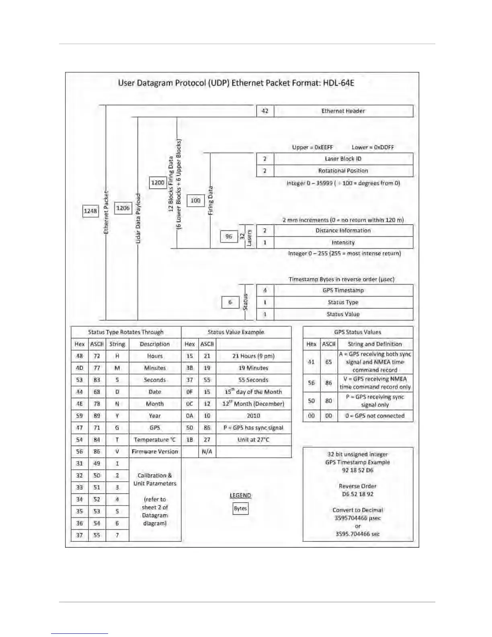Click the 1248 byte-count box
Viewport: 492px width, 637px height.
(x=90, y=211)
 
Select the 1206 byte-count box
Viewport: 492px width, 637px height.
(x=123, y=208)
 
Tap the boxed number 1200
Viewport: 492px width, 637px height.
(x=158, y=183)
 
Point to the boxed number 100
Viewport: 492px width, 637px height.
(x=195, y=200)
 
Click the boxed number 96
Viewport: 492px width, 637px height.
(x=229, y=236)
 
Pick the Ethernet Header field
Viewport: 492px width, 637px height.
(x=343, y=111)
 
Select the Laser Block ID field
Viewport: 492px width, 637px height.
(x=343, y=159)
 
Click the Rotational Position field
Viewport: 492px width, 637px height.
(x=343, y=171)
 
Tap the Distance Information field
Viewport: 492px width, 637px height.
(x=343, y=230)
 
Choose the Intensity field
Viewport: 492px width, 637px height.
(x=343, y=242)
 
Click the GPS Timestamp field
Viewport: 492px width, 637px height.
(x=343, y=290)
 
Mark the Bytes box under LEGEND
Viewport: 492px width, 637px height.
(x=240, y=508)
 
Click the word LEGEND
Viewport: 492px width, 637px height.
(x=240, y=495)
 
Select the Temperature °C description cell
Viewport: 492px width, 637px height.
(x=155, y=440)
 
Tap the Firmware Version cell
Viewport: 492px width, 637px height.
(x=155, y=452)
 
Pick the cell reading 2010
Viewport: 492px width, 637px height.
(x=253, y=416)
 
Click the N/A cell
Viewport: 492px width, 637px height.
(x=207, y=452)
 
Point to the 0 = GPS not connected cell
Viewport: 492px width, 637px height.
(x=375, y=416)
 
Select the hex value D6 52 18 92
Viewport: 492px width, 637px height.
(x=357, y=494)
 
